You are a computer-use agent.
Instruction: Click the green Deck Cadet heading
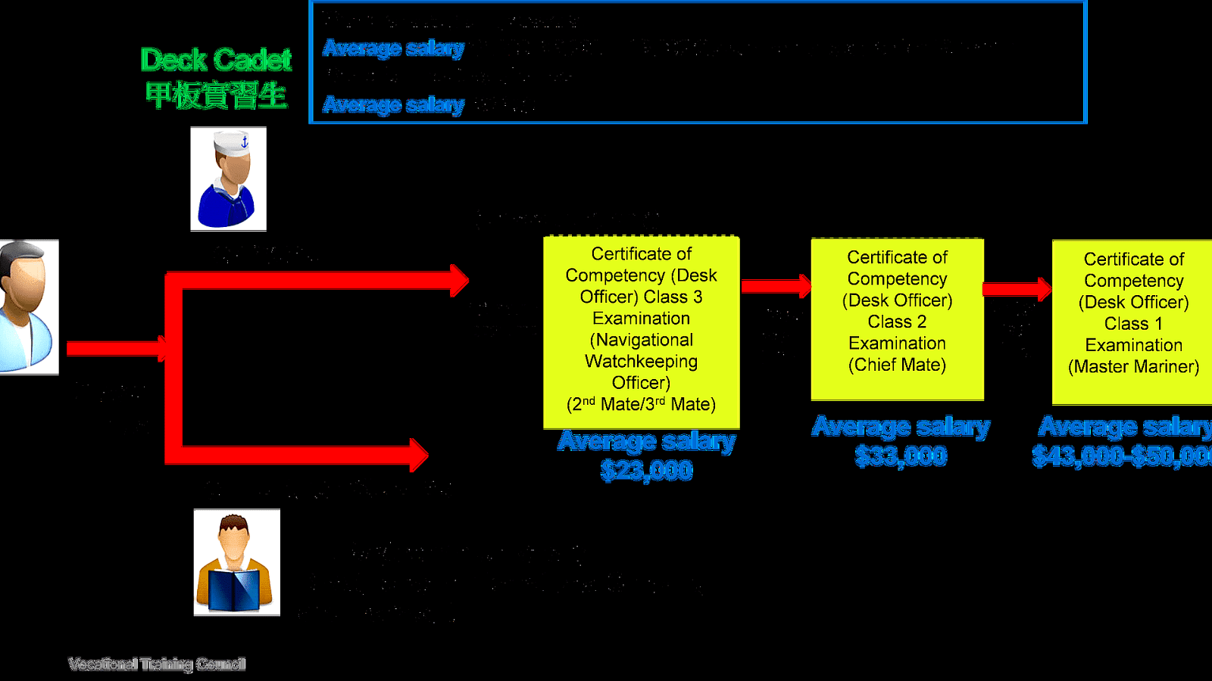point(216,60)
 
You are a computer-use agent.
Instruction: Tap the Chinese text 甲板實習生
point(216,95)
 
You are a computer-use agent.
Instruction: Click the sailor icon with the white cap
point(228,179)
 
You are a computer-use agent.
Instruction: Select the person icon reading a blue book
point(236,562)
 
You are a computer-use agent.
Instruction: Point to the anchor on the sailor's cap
point(245,141)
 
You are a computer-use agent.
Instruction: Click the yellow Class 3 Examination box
point(641,331)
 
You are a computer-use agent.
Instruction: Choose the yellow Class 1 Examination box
point(1132,322)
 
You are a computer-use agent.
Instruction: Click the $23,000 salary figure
point(646,471)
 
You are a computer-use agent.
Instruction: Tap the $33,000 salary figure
point(901,456)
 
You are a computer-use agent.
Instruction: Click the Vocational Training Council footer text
point(157,664)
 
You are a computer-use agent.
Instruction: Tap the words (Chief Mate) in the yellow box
point(897,365)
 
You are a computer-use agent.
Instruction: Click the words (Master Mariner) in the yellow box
point(1133,367)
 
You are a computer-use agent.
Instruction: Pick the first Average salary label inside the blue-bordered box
point(393,48)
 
